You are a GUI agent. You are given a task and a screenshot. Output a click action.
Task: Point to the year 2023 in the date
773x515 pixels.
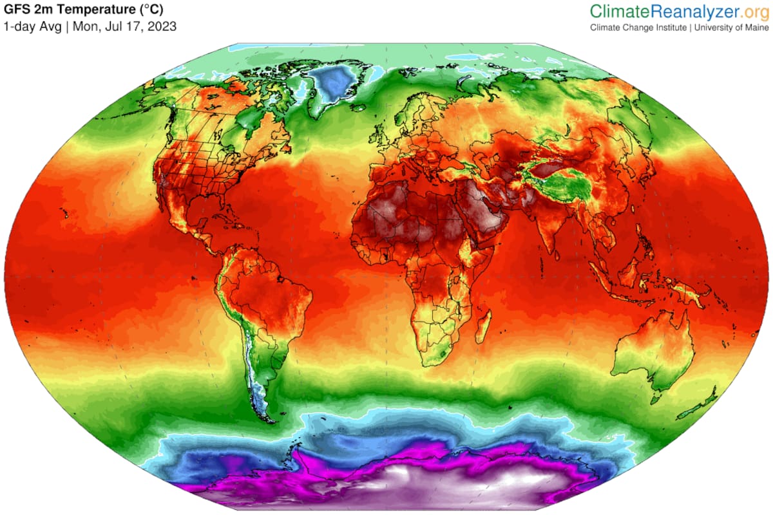tap(163, 27)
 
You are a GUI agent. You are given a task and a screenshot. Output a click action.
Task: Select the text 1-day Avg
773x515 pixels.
tap(33, 27)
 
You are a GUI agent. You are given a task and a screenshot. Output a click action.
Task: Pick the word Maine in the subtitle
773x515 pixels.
tap(755, 28)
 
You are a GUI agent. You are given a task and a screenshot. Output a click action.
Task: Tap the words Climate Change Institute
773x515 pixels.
tap(638, 28)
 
